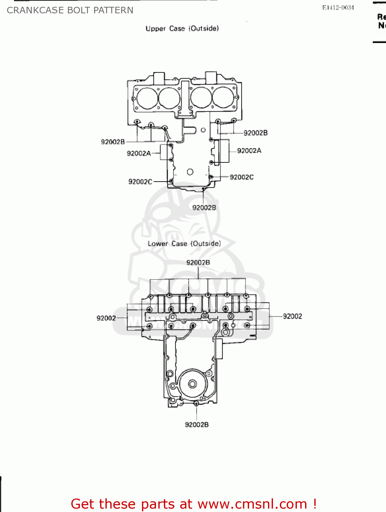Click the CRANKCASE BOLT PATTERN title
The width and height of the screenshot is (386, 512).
[x=70, y=10]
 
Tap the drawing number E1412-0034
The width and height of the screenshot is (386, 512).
[x=338, y=8]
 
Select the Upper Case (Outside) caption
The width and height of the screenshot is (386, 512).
[x=182, y=29]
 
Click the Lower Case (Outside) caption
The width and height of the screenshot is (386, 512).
[x=184, y=244]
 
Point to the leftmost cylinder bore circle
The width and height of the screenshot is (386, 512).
[x=147, y=98]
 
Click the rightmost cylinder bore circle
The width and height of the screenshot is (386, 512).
[x=224, y=97]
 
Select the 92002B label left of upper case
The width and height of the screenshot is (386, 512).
[x=113, y=142]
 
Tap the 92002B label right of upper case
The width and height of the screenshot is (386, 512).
[x=255, y=133]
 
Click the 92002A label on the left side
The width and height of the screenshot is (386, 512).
[x=139, y=154]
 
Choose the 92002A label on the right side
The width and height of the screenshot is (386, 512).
[x=249, y=151]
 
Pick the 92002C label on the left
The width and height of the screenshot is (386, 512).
[x=140, y=182]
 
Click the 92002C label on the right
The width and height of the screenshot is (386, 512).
[x=242, y=177]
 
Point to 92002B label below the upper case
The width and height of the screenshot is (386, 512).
[x=204, y=208]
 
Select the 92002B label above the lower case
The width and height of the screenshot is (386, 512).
[x=198, y=262]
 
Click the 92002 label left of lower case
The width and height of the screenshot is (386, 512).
[x=106, y=318]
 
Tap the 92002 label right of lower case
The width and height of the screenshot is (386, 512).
[x=292, y=316]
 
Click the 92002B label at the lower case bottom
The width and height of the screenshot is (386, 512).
[x=197, y=425]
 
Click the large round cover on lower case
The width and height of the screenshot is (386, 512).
[x=192, y=384]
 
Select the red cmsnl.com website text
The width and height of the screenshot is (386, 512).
[x=194, y=504]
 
